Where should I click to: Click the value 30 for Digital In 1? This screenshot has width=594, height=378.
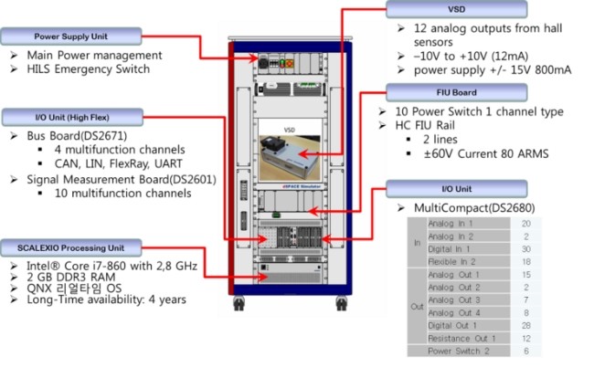coord(525,248)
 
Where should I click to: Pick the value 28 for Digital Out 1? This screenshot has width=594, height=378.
coord(525,325)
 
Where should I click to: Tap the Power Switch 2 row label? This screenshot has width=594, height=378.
coord(459,351)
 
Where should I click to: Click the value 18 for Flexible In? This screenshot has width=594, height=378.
coord(525,261)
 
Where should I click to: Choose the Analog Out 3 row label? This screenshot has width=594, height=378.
coord(454,299)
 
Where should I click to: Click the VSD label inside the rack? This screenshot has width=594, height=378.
coord(290,130)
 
